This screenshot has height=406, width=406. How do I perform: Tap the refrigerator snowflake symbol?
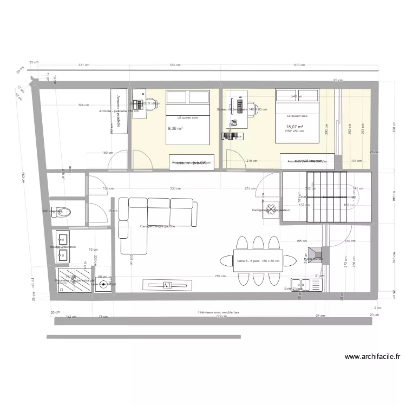270,210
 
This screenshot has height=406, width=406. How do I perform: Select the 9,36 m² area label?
175,128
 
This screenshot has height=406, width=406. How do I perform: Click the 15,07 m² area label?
294,127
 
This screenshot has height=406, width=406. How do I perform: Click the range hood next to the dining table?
316,253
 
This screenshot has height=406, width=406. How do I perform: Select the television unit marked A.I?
167,285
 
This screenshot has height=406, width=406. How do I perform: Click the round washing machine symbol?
103,284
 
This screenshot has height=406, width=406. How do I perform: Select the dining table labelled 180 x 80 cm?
258,260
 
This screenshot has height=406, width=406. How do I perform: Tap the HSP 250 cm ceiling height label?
294,131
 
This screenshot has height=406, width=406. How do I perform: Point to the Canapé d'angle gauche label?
157,226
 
